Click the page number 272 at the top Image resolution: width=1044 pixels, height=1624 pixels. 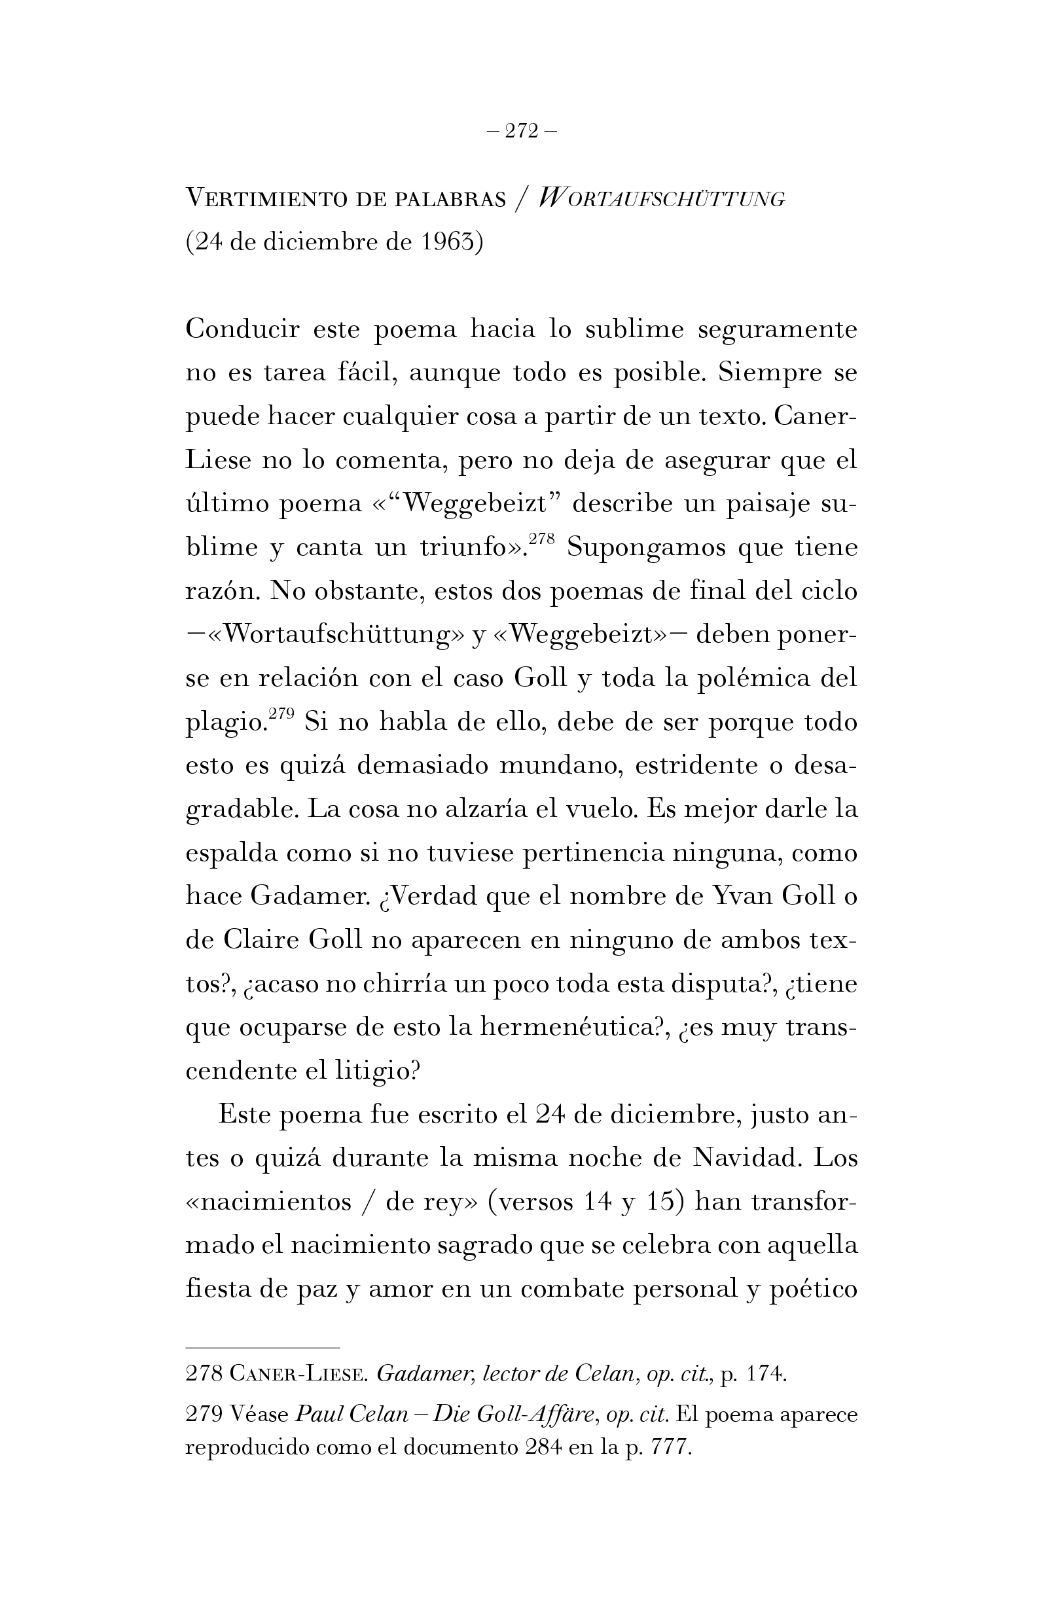[x=521, y=131]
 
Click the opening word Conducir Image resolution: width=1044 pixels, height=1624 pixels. [x=242, y=330]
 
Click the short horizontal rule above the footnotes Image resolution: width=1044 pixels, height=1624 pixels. [x=262, y=1329]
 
